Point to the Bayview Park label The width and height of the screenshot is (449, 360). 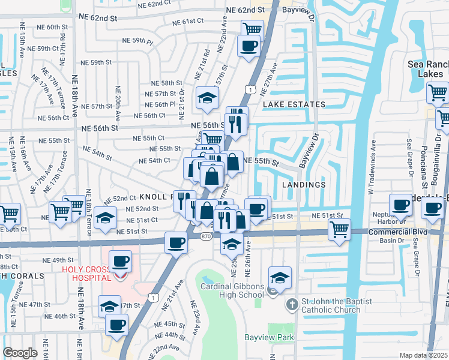pos(268,337)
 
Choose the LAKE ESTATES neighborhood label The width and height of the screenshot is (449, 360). pos(294,104)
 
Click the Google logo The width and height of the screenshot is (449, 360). pos(20,353)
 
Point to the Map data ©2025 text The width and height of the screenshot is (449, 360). pos(423,355)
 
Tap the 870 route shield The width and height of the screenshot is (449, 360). pos(205,238)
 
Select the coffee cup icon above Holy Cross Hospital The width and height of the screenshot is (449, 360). pos(121,262)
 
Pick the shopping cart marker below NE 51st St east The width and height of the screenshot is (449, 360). pos(340,229)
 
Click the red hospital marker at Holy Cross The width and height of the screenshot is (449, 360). pos(121,275)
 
